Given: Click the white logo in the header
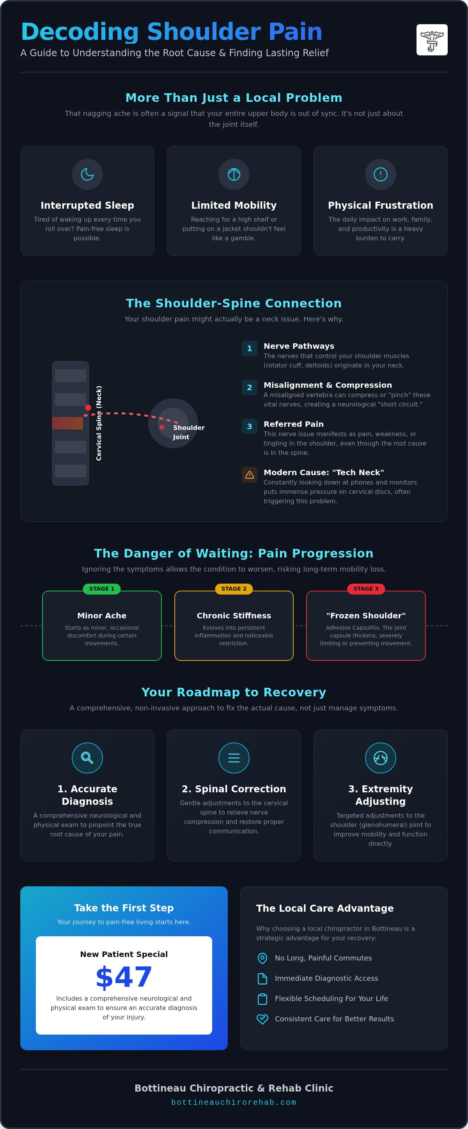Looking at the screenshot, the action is (x=432, y=40).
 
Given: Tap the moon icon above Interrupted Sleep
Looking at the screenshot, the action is (x=87, y=174).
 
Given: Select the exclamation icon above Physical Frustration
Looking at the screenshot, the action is (x=380, y=174).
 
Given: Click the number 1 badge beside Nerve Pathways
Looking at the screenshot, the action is (x=249, y=348).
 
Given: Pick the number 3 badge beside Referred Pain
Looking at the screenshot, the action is (x=249, y=426).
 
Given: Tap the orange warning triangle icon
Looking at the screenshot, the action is (x=249, y=475).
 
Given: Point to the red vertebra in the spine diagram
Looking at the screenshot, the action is (x=67, y=423).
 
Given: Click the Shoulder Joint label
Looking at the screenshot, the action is (x=188, y=432).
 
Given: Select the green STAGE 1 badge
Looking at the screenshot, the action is (x=102, y=589).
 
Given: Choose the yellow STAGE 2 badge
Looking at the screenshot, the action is (x=234, y=589).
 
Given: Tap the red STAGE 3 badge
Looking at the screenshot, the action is (x=366, y=589).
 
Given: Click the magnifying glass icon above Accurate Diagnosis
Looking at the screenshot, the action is (x=87, y=758).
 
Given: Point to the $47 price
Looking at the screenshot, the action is (x=124, y=977).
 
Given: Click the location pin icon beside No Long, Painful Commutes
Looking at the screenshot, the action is (x=262, y=958).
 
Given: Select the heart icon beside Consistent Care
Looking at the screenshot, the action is (x=262, y=1019).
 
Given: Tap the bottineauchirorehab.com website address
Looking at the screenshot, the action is (x=234, y=1102).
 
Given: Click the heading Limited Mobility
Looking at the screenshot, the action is (x=234, y=206).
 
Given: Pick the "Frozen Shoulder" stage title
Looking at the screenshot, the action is (x=366, y=616).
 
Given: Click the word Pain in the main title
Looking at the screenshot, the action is (x=295, y=32).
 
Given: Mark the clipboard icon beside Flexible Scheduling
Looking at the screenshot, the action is (x=262, y=999).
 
